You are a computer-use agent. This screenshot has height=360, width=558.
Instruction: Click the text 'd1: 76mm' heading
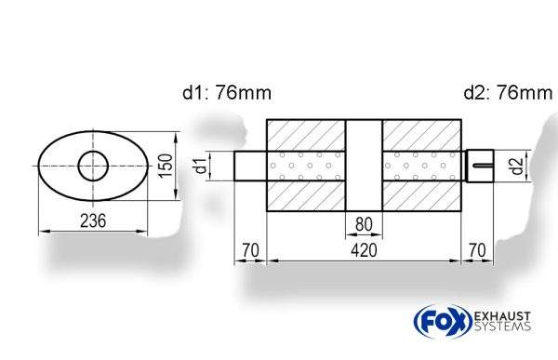pos(227,93)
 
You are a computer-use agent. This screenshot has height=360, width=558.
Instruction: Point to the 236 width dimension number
pos(91,220)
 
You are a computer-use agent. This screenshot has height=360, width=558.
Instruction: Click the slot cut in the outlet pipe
pos(482,167)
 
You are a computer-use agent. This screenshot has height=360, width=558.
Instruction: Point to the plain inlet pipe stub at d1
pos(249,167)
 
